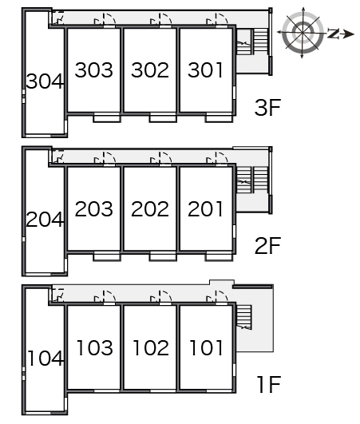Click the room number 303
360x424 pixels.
point(93,70)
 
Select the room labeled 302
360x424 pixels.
point(150,70)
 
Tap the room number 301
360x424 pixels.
point(205,70)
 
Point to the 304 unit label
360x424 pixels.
point(45,81)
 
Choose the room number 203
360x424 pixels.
point(93,208)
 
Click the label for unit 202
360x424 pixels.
point(150,208)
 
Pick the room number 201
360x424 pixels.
point(205,208)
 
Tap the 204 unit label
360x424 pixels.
point(45,219)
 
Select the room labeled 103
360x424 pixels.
point(95,347)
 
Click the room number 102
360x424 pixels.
point(151,347)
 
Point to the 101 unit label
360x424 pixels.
point(206,347)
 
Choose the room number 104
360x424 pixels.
point(45,359)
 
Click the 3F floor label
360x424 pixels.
point(267,107)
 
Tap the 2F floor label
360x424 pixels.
point(267,245)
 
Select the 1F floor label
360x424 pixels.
point(269,384)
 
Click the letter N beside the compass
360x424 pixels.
point(333,34)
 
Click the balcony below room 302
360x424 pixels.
point(163,118)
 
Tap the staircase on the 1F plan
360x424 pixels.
point(243,317)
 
